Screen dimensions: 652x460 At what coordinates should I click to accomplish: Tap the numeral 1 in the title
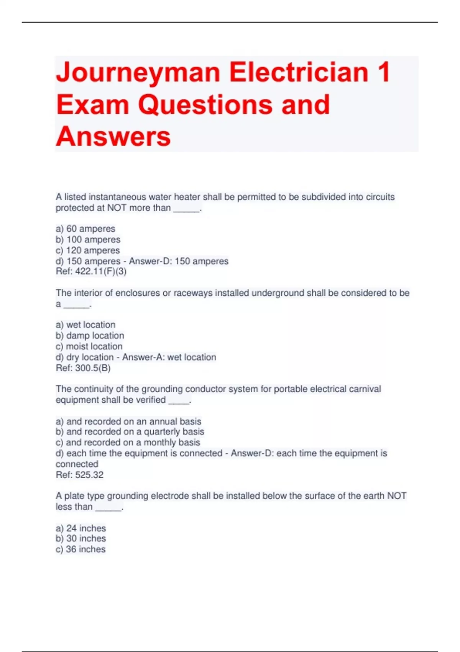click(x=383, y=72)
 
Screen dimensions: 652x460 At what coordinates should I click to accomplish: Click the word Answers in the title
click(x=113, y=137)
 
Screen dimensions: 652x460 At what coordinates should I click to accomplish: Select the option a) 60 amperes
click(x=85, y=229)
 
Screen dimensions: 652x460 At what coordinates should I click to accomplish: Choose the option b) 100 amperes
click(x=88, y=239)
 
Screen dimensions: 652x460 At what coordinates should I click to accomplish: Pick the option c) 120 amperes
click(x=88, y=250)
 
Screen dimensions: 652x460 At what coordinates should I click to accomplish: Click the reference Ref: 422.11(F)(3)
click(x=91, y=272)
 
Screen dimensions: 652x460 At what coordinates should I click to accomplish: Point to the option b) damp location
click(x=90, y=336)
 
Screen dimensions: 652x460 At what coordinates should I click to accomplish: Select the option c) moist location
click(x=89, y=346)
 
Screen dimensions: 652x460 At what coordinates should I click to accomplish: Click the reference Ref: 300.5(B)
click(x=83, y=368)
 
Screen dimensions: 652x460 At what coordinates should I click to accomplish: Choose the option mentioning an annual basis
click(x=128, y=421)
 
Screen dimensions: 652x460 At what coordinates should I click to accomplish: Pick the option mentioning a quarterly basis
click(x=130, y=431)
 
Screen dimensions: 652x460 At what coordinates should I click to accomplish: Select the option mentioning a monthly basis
click(x=128, y=442)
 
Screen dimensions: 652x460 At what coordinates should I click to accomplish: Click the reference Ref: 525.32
click(x=80, y=475)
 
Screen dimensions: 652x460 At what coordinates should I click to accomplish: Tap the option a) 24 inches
click(x=81, y=528)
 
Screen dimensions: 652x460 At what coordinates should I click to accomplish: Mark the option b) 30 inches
click(x=81, y=538)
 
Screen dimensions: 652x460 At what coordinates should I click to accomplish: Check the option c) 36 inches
click(x=80, y=549)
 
